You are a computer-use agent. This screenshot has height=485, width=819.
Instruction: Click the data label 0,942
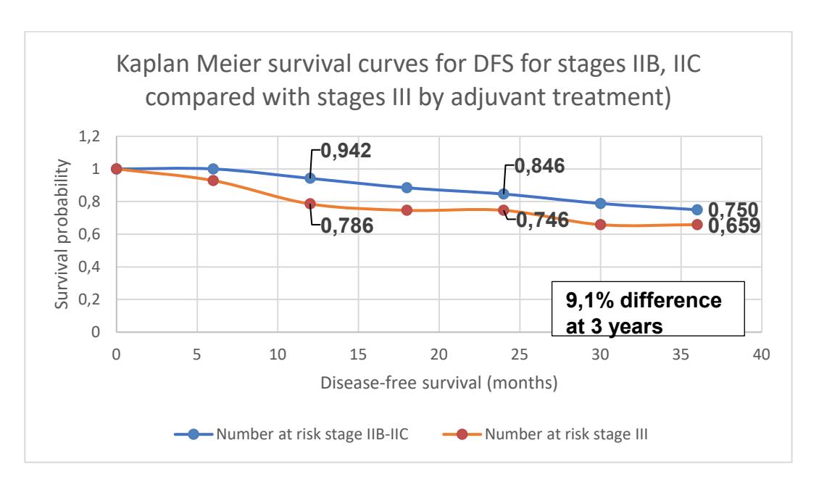(346, 151)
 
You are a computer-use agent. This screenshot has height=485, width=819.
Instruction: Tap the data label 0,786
(347, 225)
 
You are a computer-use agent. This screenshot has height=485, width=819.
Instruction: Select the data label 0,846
(539, 166)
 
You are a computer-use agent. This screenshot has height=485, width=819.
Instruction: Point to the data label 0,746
(542, 220)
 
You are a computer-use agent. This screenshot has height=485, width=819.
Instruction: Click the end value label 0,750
(733, 210)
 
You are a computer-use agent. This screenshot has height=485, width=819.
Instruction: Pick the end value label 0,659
(734, 225)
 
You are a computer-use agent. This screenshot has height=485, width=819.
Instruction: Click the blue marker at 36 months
(697, 210)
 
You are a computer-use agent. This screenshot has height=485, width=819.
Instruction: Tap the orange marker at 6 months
(213, 181)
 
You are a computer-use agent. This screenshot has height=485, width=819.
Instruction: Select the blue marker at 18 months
(407, 188)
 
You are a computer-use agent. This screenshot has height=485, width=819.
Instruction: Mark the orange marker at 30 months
(600, 225)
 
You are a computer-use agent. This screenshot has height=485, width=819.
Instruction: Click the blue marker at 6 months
(213, 169)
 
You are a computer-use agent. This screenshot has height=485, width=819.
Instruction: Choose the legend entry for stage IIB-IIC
(291, 434)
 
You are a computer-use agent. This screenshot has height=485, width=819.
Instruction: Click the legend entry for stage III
(545, 434)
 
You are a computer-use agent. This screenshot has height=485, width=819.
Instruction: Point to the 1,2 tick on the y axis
(89, 136)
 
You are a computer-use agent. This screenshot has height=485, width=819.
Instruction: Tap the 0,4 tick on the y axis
(89, 267)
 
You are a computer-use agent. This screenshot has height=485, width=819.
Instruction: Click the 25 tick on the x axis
(520, 355)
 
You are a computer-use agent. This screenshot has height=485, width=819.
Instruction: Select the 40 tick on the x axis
(762, 355)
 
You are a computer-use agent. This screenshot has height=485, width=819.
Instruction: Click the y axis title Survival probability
(62, 234)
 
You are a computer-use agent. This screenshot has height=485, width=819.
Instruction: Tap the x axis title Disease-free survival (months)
(438, 383)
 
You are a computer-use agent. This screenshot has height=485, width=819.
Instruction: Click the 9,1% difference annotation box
(648, 308)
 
